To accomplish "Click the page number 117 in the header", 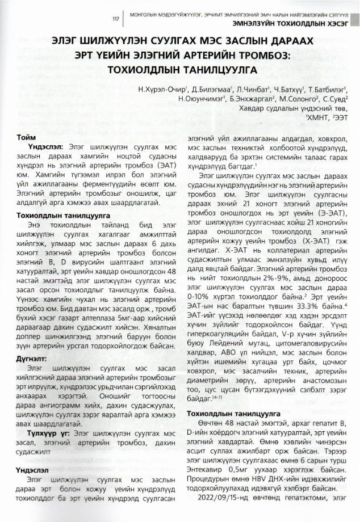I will pyautogui.click(x=116, y=19).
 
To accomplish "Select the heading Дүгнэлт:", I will pyautogui.click(x=31, y=358).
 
